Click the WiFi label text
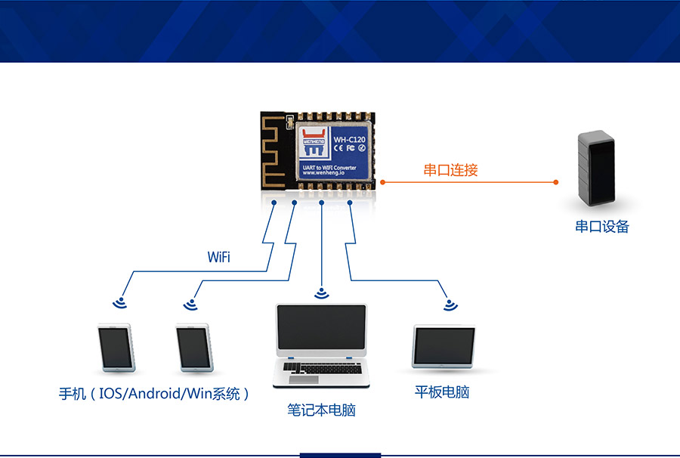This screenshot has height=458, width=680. (x=218, y=258)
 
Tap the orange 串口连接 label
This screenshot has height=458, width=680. (x=450, y=170)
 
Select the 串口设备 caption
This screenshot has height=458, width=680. (x=602, y=226)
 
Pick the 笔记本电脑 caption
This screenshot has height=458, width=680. (x=321, y=410)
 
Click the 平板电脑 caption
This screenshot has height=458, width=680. (x=442, y=392)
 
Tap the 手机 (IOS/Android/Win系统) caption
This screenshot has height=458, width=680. (x=154, y=394)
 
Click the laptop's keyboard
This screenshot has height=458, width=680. (x=320, y=367)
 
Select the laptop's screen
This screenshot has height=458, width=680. (x=322, y=330)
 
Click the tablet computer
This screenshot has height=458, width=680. (x=444, y=347)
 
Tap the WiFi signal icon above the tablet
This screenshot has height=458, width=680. (x=451, y=305)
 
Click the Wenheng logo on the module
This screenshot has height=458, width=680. (x=312, y=136)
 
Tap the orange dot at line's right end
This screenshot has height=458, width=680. (x=556, y=182)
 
